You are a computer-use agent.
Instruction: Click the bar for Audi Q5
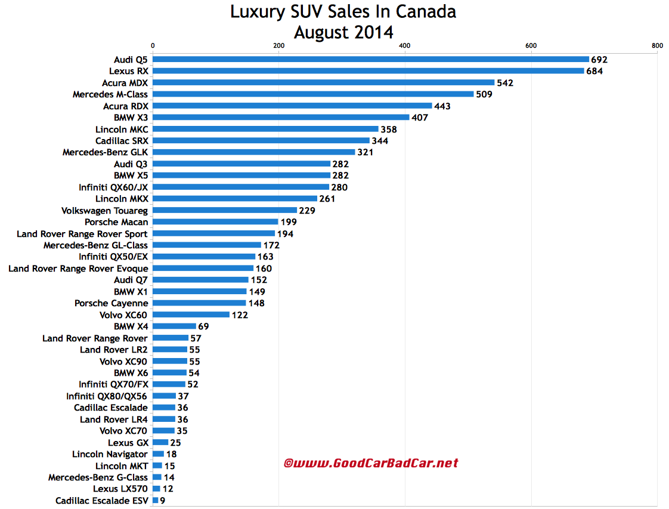point(370,59)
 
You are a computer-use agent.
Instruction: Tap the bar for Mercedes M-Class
point(313,94)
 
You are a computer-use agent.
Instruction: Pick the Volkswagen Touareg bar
point(225,210)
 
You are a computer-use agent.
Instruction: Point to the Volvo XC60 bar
point(191,314)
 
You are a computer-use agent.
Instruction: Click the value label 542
point(504,83)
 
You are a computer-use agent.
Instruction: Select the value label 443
point(442,106)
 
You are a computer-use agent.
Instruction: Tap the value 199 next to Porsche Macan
point(289,222)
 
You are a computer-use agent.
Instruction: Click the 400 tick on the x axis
point(405,45)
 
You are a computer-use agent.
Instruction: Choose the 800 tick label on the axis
point(657,45)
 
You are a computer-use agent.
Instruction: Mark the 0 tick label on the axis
point(153,45)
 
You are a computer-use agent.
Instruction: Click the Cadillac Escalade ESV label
point(101,501)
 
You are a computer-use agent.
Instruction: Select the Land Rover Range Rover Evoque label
point(78,269)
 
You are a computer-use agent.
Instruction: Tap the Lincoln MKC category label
point(122,129)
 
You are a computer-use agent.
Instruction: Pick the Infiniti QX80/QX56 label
point(107,396)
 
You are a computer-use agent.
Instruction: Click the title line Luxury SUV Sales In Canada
point(343,12)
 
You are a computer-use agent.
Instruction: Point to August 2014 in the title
point(343,32)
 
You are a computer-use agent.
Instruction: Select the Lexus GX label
point(128,443)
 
